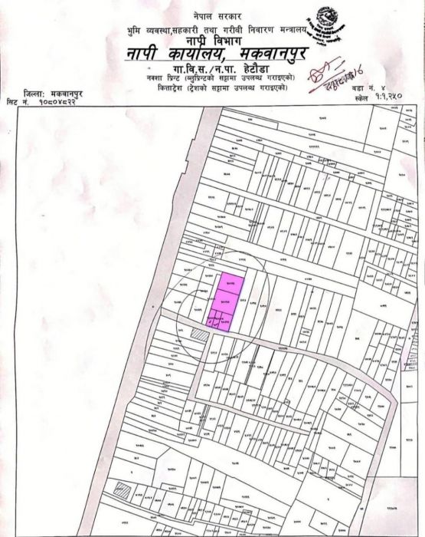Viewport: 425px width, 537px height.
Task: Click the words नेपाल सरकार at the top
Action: coord(218,15)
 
